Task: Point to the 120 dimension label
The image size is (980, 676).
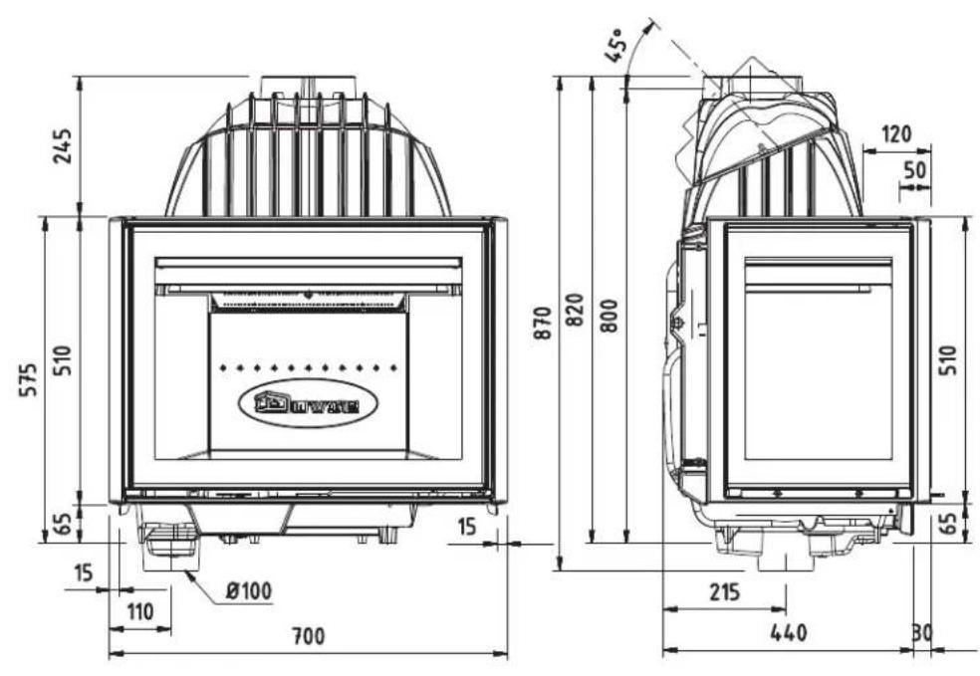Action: click(x=895, y=133)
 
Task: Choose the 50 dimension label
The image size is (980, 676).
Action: click(x=913, y=167)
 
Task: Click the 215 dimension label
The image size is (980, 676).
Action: click(x=724, y=591)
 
